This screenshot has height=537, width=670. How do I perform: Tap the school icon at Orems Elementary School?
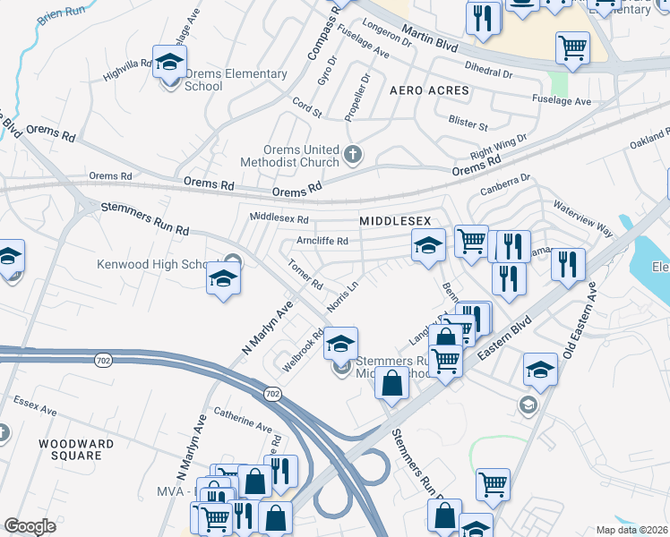(167, 63)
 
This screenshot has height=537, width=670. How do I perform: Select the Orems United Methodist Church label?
(289, 157)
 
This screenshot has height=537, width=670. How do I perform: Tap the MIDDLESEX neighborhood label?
(395, 220)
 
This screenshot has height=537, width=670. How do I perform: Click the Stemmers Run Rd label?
(145, 218)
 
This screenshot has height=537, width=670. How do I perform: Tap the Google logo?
(30, 525)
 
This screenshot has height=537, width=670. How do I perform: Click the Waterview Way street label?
(582, 218)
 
